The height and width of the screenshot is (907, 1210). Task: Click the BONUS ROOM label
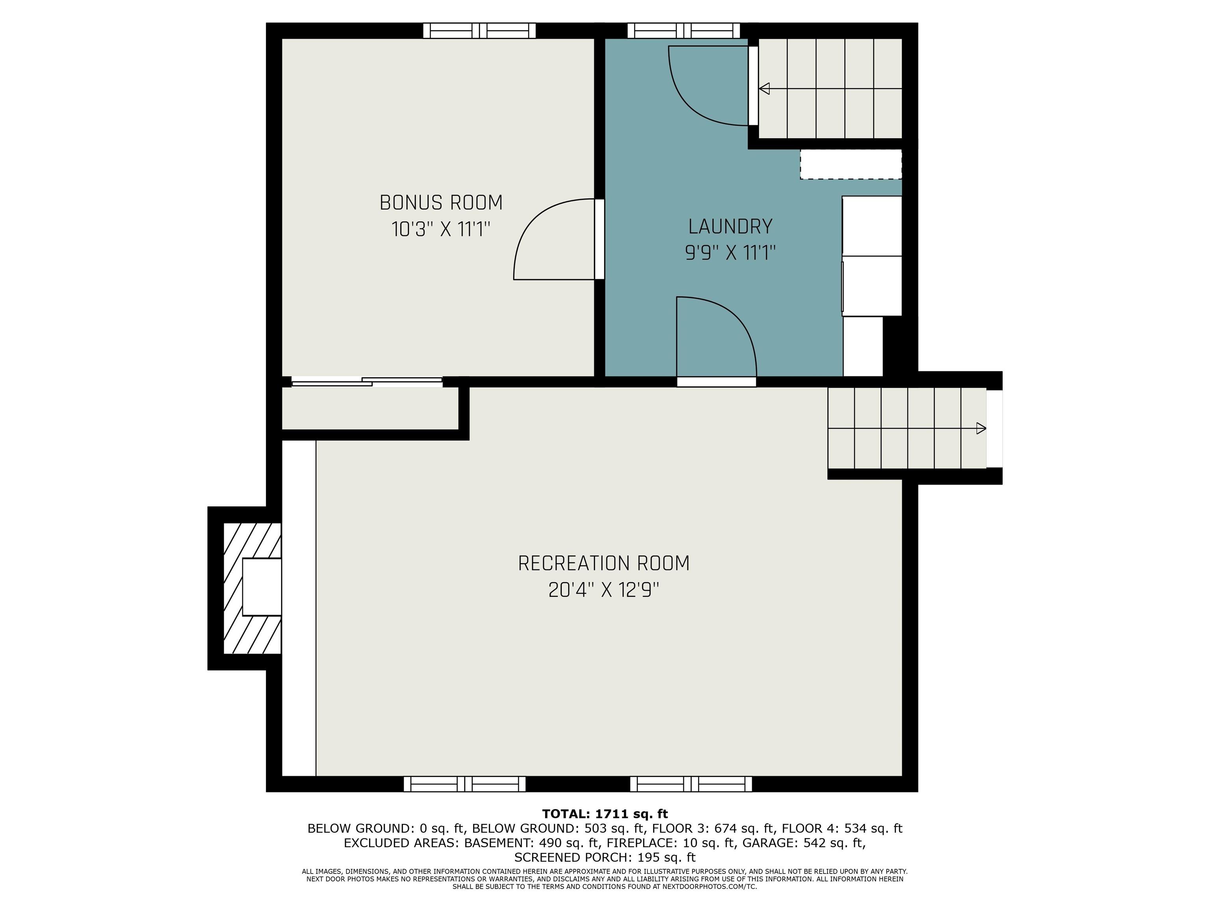(x=441, y=203)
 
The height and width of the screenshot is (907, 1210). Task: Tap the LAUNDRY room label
(x=730, y=226)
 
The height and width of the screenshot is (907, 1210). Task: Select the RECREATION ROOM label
(x=604, y=563)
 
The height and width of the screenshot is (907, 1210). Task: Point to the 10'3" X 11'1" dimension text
(x=441, y=229)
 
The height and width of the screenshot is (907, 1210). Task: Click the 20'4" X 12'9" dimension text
(x=604, y=590)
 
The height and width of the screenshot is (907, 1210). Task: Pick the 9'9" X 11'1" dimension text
(x=730, y=253)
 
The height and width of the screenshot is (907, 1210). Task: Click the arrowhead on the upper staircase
(x=764, y=89)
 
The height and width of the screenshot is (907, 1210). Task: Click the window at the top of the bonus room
(x=479, y=31)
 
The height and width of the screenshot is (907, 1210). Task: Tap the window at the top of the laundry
(x=683, y=31)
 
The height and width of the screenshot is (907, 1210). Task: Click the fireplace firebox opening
(x=262, y=587)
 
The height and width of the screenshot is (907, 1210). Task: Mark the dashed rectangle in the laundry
(x=851, y=164)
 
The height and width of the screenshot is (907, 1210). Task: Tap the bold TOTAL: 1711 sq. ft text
(x=605, y=814)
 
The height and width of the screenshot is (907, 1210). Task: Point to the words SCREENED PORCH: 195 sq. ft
(x=605, y=857)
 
